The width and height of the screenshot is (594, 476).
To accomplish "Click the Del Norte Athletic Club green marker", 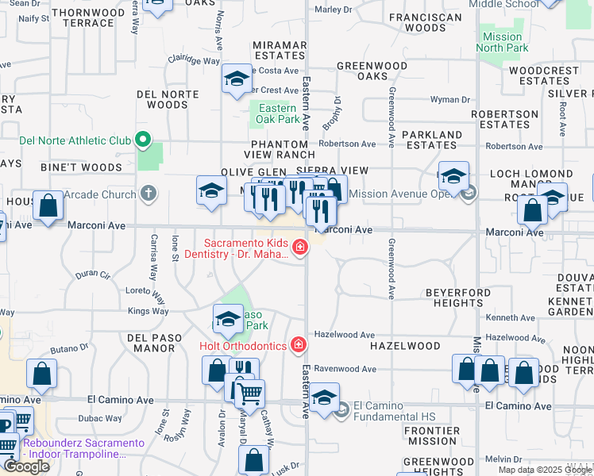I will (143, 140).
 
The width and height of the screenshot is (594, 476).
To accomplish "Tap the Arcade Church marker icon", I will (148, 193).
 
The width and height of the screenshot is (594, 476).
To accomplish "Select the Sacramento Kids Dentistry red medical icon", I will (300, 248).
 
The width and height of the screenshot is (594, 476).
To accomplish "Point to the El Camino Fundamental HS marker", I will (342, 410).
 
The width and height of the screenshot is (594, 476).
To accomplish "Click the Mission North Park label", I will (503, 42).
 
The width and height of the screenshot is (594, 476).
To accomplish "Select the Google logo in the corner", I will (26, 466).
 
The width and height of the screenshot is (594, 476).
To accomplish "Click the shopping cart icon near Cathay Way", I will (250, 392).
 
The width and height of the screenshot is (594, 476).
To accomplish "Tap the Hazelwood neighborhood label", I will (405, 346).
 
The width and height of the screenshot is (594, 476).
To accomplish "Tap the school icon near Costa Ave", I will (236, 79).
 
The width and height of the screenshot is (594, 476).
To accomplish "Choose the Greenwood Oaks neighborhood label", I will (372, 71).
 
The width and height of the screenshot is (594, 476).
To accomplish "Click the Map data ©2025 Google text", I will (545, 470).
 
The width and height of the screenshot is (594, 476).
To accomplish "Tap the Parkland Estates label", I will (432, 140).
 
